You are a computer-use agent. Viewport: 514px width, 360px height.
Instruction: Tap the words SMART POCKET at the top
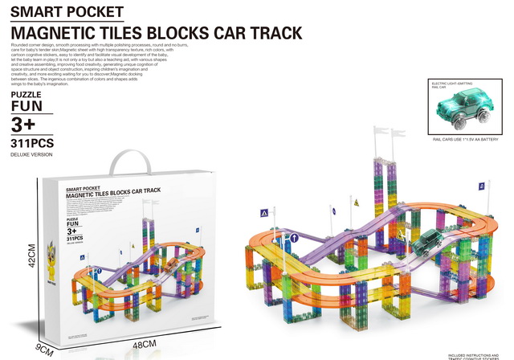(68, 13)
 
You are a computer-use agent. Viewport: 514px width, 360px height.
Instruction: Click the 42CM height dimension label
(33, 258)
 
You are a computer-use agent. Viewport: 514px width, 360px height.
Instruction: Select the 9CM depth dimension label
(44, 350)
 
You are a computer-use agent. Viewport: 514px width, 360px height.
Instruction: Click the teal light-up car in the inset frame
(462, 108)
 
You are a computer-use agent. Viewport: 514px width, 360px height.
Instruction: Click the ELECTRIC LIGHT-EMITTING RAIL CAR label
(451, 84)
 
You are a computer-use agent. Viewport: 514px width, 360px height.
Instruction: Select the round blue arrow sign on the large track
(295, 238)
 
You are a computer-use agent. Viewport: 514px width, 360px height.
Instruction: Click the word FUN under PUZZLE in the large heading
(27, 105)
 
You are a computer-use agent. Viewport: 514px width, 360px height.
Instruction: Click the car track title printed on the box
(112, 193)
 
